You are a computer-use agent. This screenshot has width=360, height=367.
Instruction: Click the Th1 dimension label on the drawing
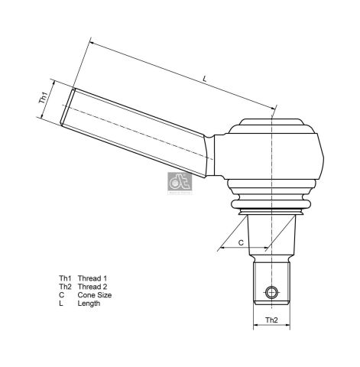(44, 98)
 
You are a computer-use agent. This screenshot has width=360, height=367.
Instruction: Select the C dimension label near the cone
(241, 242)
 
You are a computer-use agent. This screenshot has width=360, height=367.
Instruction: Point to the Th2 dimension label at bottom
(271, 319)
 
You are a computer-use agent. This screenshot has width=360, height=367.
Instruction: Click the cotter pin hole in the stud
(271, 291)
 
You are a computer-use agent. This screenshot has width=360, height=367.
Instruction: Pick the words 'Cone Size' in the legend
(95, 294)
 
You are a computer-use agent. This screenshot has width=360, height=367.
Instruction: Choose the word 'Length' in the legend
(89, 304)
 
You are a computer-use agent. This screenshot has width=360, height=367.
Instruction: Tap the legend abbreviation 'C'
(61, 294)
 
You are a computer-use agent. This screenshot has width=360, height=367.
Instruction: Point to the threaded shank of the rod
(138, 129)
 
